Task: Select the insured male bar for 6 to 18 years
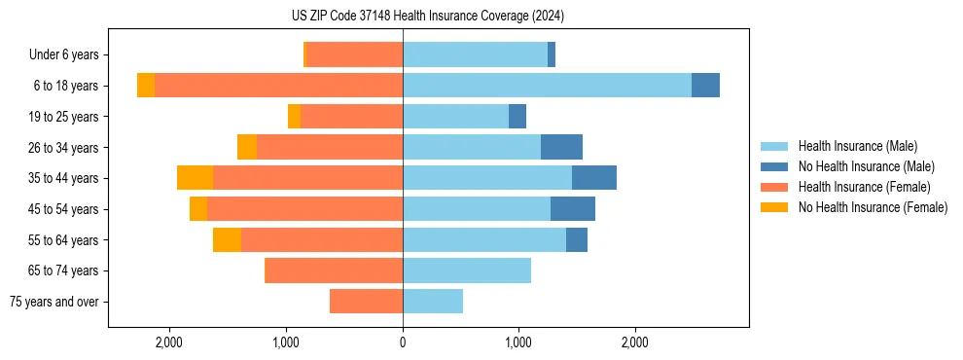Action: coord(547,86)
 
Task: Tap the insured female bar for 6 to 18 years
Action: coord(278,86)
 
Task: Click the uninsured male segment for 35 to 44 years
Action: coord(594,178)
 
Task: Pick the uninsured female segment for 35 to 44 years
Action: coord(195,178)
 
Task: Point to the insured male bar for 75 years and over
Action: coord(433,302)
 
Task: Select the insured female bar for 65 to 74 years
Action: coord(334,270)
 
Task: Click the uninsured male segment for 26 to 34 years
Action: coord(561,147)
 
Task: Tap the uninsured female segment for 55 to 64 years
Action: coord(227,239)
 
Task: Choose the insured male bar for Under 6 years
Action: coord(475,54)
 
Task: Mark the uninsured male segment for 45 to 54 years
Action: coord(573,209)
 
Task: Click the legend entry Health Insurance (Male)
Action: coord(856,146)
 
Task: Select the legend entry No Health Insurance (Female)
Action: coord(872,207)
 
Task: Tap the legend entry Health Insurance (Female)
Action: coord(864,187)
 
